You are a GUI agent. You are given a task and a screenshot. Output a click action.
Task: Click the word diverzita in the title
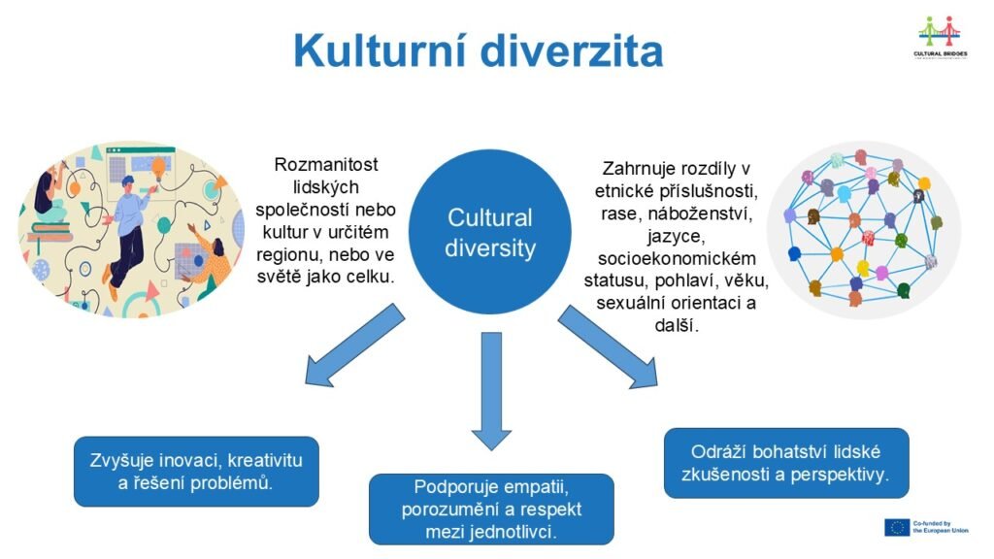coord(573,50)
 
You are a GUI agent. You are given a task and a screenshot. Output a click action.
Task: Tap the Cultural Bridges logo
coord(940,37)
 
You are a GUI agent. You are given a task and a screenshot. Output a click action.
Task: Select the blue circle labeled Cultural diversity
coord(490,232)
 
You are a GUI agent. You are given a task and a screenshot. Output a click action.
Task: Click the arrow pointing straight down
coord(491,391)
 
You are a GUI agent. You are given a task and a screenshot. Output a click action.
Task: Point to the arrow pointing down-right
coord(608,346)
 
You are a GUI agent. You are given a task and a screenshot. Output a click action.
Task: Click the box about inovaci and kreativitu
coord(196,471)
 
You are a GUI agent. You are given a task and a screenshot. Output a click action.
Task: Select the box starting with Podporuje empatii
coord(491,509)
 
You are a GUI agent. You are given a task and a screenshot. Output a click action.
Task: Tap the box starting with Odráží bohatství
coord(786,463)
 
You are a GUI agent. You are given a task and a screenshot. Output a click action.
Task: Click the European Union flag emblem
coord(896,527)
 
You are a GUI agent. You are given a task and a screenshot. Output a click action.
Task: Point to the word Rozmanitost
coord(326,165)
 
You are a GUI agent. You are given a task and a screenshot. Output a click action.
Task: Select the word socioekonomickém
coord(677,258)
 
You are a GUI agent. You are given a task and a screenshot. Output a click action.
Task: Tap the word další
coord(677,325)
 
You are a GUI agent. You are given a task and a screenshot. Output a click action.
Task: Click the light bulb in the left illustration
coord(158,167)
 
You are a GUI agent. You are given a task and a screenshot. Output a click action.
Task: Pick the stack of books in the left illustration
coord(49,232)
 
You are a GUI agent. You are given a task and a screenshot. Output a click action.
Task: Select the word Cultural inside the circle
coord(490,218)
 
